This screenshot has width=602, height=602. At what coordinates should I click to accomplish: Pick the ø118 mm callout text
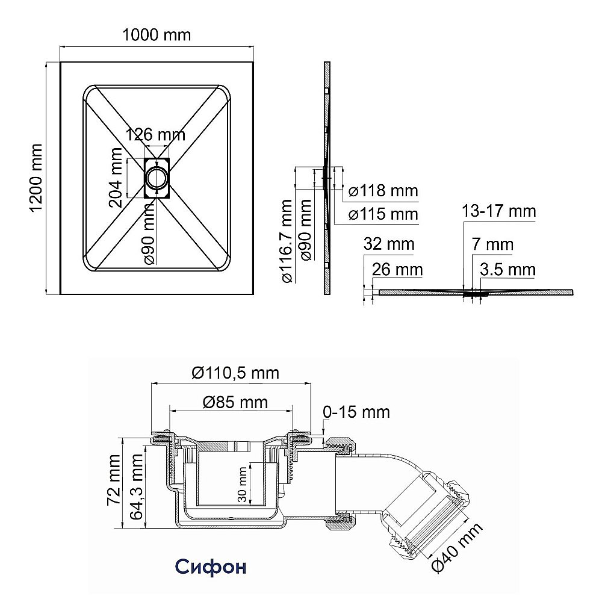pos(383,191)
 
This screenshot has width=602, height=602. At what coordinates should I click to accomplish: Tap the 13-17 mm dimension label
pos(498,211)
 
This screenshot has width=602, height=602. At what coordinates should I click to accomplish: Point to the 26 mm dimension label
pos(397,269)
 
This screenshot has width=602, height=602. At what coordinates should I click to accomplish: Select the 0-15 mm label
pos(356,412)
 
